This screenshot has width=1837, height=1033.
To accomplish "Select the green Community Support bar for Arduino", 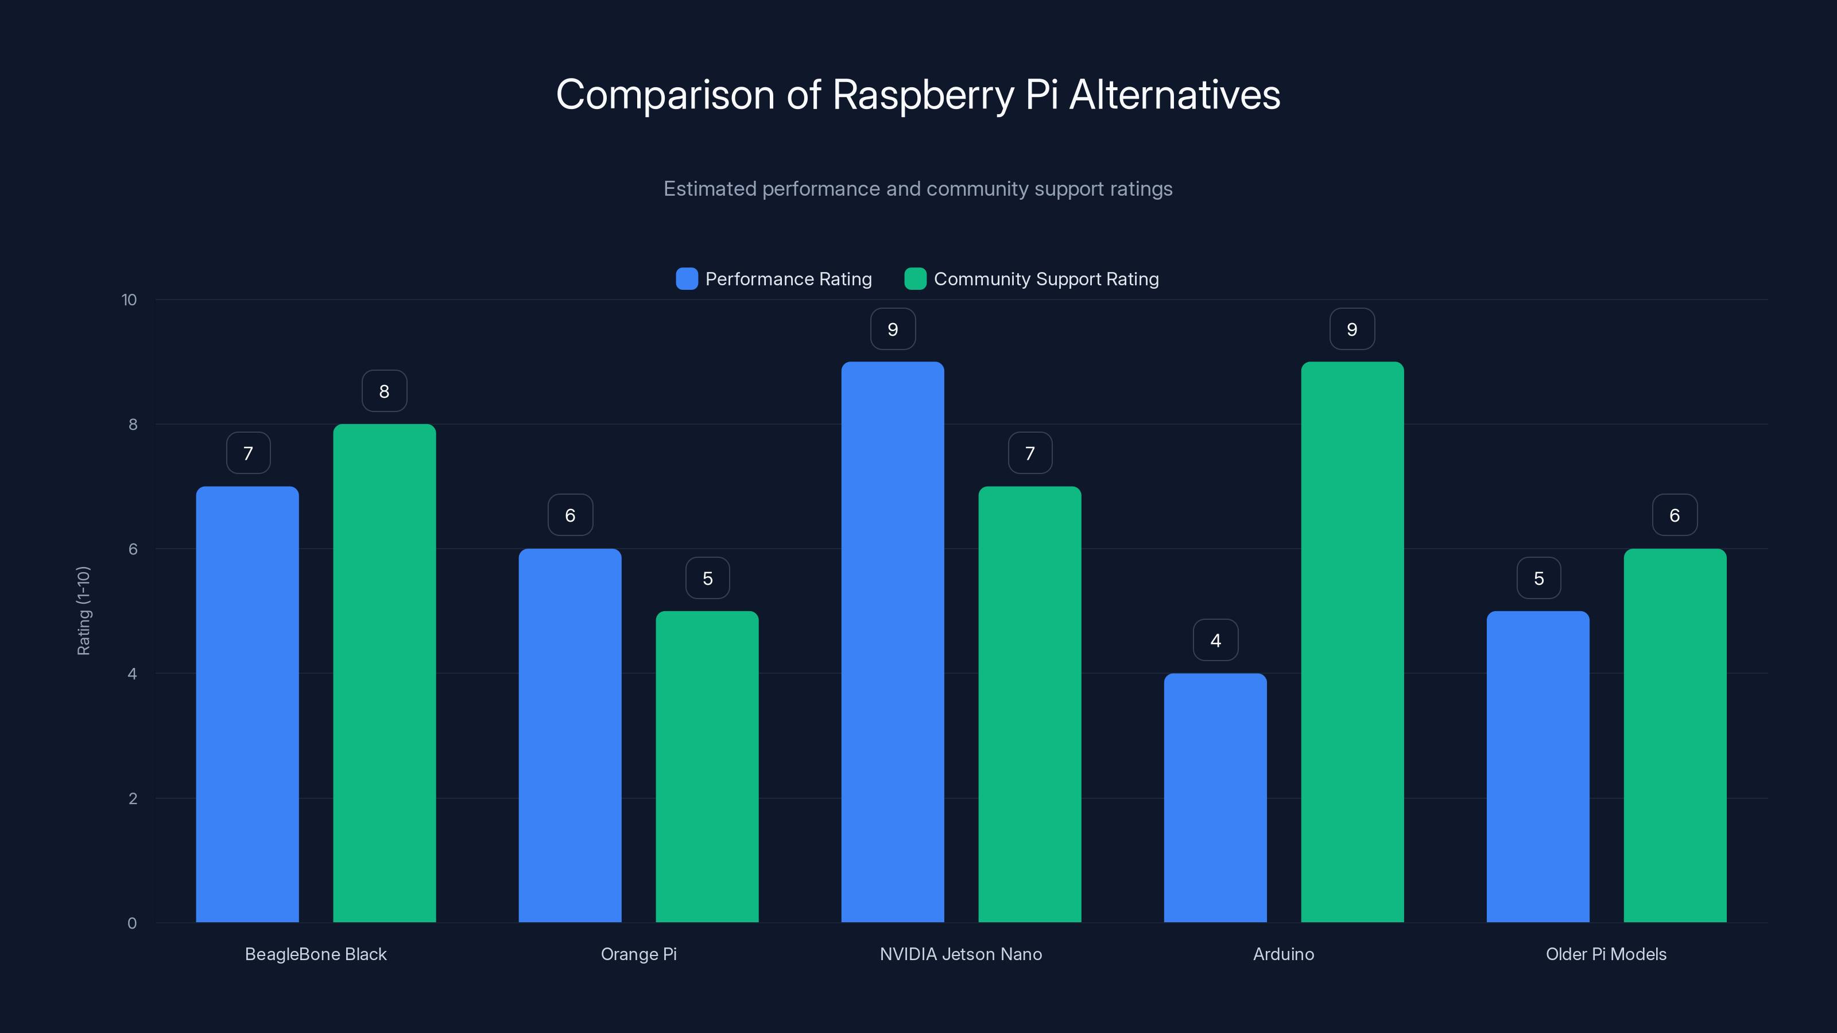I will pos(1352,642).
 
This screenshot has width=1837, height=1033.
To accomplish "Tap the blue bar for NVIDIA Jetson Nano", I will pos(892,642).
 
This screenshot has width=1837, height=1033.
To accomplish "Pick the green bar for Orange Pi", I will pos(707,766).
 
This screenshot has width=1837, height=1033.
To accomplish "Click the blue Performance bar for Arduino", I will pos(1215,798).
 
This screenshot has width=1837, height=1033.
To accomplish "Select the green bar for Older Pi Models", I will pos(1675,735).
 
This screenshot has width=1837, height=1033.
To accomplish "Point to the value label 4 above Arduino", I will pos(1215,640).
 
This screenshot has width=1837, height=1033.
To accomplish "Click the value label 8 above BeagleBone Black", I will pos(385,391).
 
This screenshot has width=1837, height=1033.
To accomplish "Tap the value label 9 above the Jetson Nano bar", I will pos(892,329).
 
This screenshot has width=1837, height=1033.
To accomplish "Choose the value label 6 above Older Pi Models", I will pos(1675,515).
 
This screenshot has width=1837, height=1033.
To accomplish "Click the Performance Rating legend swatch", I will pos(686,279).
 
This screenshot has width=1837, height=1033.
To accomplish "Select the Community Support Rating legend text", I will pos(1045,279).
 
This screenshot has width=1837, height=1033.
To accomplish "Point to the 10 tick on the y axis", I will pos(129,300).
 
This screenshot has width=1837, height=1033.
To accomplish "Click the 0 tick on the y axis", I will pos(132,923).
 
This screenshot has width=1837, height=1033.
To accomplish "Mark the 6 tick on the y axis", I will pos(133,549).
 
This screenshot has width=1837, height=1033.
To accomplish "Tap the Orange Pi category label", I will pos(638,954).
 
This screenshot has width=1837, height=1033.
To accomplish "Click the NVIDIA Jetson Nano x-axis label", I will pos(960,954).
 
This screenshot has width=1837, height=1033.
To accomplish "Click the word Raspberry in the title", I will pos(923,95).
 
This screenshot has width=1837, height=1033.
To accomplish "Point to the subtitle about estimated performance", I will pos(918,189).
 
